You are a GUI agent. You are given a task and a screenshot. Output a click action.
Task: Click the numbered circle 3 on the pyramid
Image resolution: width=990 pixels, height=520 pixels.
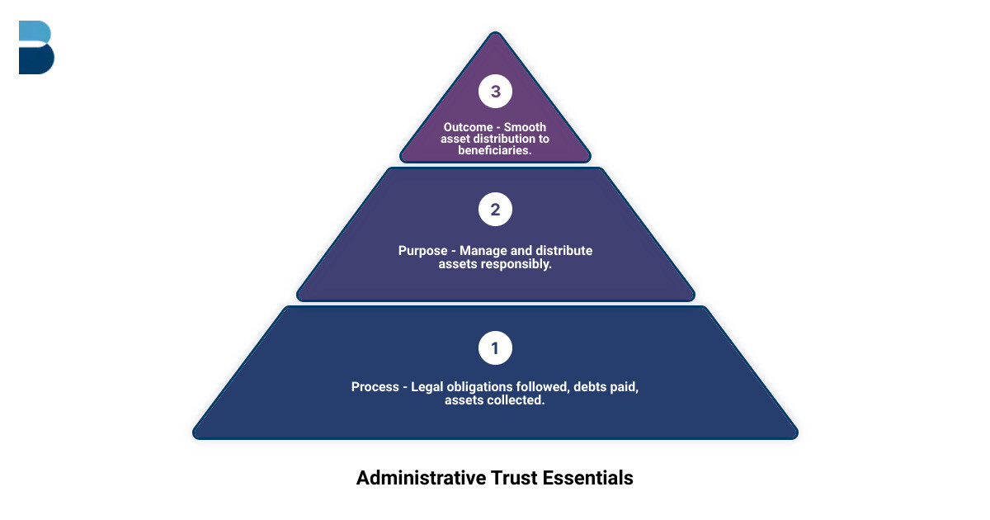pyautogui.click(x=495, y=92)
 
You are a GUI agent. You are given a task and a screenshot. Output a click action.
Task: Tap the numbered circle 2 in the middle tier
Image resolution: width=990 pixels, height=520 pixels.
pyautogui.click(x=495, y=210)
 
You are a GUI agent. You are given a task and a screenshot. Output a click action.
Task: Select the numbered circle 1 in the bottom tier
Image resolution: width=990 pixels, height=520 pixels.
pyautogui.click(x=495, y=348)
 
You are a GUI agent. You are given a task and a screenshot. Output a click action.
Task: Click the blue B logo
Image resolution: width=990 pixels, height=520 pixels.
pyautogui.click(x=36, y=48)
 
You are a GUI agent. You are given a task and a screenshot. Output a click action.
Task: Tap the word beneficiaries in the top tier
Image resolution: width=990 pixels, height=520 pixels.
pyautogui.click(x=495, y=150)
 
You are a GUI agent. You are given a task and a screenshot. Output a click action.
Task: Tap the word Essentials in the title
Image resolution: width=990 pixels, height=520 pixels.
pyautogui.click(x=588, y=478)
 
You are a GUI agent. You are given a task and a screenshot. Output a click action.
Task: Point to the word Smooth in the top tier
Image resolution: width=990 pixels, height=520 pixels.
pyautogui.click(x=526, y=127)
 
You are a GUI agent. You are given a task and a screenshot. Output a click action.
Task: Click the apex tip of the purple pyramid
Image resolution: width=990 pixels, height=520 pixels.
pyautogui.click(x=495, y=34)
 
